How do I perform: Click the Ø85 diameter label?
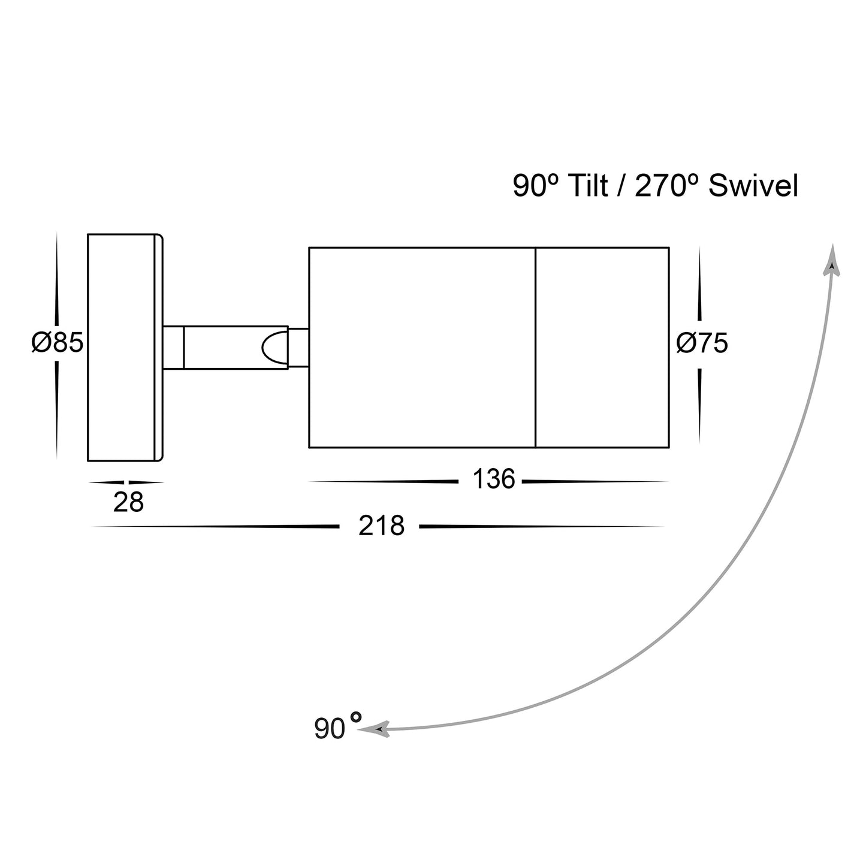[x=57, y=343]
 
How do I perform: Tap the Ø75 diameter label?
[x=702, y=343]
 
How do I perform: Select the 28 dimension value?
[x=128, y=502]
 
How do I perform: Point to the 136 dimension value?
[x=493, y=479]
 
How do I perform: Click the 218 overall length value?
[x=381, y=526]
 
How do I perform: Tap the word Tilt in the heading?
[x=587, y=186]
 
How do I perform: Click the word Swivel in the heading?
[x=753, y=186]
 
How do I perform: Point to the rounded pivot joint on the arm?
[x=273, y=347]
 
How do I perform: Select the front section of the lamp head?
[x=602, y=347]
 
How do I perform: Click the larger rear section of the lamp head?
[x=421, y=347]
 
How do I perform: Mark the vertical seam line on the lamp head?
[x=535, y=347]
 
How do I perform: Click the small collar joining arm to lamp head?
[x=298, y=347]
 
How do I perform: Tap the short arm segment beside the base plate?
[x=173, y=347]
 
